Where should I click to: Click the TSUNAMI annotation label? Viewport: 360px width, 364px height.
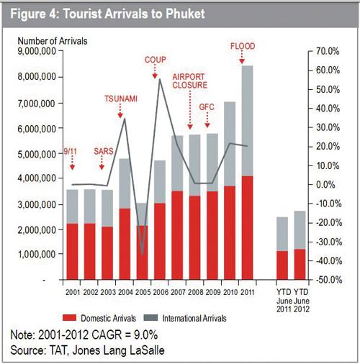[x=121, y=99]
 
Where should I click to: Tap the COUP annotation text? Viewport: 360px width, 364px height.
[x=156, y=60]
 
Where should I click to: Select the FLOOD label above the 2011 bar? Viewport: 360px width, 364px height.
[x=243, y=46]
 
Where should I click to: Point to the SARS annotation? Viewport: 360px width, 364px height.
[x=104, y=151]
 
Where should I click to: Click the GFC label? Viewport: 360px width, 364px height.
[x=207, y=107]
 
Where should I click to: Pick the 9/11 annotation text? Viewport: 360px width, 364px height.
[x=71, y=151]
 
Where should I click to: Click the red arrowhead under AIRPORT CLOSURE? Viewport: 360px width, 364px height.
[x=190, y=127]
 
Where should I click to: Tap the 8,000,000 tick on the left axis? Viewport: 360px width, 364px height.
[x=37, y=77]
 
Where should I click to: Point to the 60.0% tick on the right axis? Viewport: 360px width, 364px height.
[x=328, y=70]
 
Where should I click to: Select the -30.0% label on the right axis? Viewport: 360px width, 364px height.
[x=328, y=242]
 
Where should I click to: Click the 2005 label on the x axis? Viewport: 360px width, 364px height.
[x=143, y=292]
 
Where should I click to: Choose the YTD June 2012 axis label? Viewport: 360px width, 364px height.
[x=302, y=301]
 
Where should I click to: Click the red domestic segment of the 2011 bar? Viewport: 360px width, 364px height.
[x=247, y=228]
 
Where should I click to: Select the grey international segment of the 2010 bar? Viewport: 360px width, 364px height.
[x=230, y=144]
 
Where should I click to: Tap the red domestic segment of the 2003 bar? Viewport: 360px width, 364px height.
[x=107, y=253]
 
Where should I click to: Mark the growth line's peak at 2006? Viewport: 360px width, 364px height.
[x=160, y=79]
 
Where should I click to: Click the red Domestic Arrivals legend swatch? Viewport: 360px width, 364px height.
[x=69, y=318]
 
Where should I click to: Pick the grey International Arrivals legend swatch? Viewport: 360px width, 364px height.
[x=150, y=318]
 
